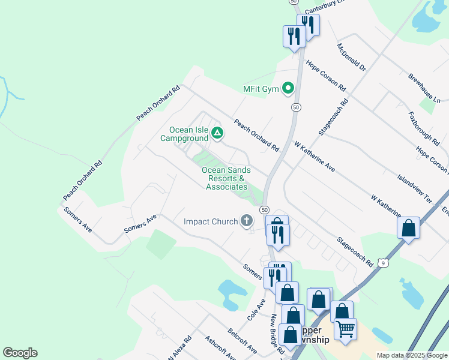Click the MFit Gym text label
[x=261, y=89]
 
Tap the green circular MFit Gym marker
[x=288, y=89]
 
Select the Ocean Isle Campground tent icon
[x=217, y=133]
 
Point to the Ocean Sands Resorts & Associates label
[x=227, y=179]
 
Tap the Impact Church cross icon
[x=246, y=221]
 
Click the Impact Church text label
[x=211, y=222]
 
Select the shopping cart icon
[x=345, y=329]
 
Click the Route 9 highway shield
[x=384, y=263]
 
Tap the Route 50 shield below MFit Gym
[x=296, y=107]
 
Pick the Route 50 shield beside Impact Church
[x=264, y=210]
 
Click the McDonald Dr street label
[x=351, y=58]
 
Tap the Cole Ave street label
[x=256, y=308]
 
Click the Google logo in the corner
[x=20, y=353]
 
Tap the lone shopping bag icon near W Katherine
[x=408, y=228]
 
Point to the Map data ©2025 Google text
[x=411, y=355]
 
